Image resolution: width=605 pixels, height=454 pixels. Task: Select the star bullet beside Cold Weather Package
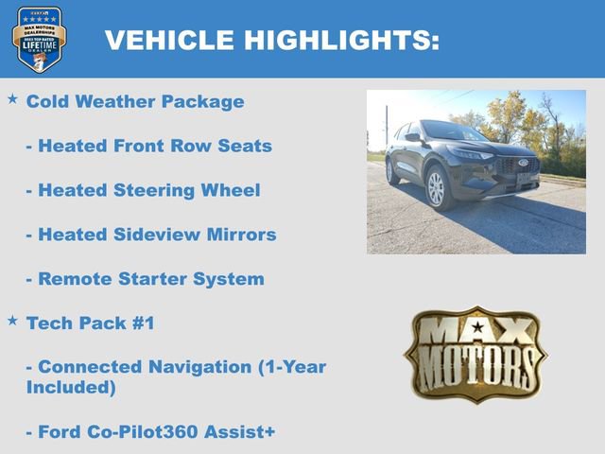[x=12, y=98]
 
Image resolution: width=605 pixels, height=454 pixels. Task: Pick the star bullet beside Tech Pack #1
[x=12, y=322]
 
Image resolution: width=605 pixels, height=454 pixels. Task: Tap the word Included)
[x=71, y=388]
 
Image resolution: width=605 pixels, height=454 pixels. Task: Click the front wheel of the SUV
[x=436, y=188]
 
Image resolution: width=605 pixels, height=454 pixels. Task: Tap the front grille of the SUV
[x=519, y=166]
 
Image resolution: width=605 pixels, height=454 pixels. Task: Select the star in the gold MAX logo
[x=476, y=328]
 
